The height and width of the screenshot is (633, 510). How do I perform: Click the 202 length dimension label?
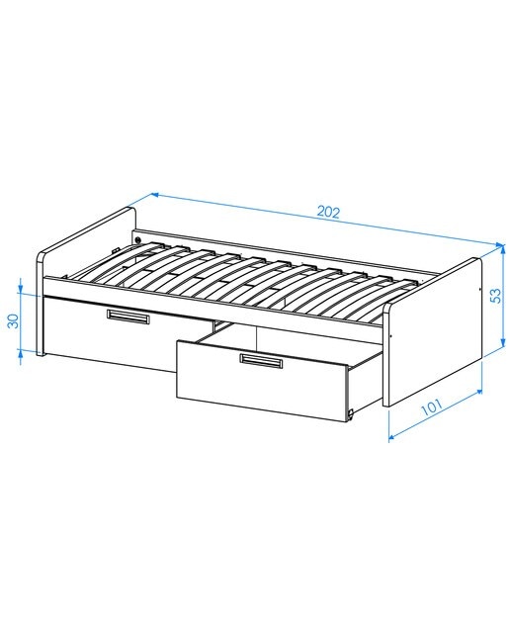point(328,212)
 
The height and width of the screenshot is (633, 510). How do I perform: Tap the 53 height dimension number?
point(496,295)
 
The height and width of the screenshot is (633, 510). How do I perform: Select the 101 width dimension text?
point(431,407)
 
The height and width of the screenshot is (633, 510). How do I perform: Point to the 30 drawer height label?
point(14,320)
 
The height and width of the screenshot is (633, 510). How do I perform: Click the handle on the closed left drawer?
point(127,316)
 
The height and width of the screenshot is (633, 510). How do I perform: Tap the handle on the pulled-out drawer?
point(261,360)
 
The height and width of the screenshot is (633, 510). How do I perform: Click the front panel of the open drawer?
point(262,381)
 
